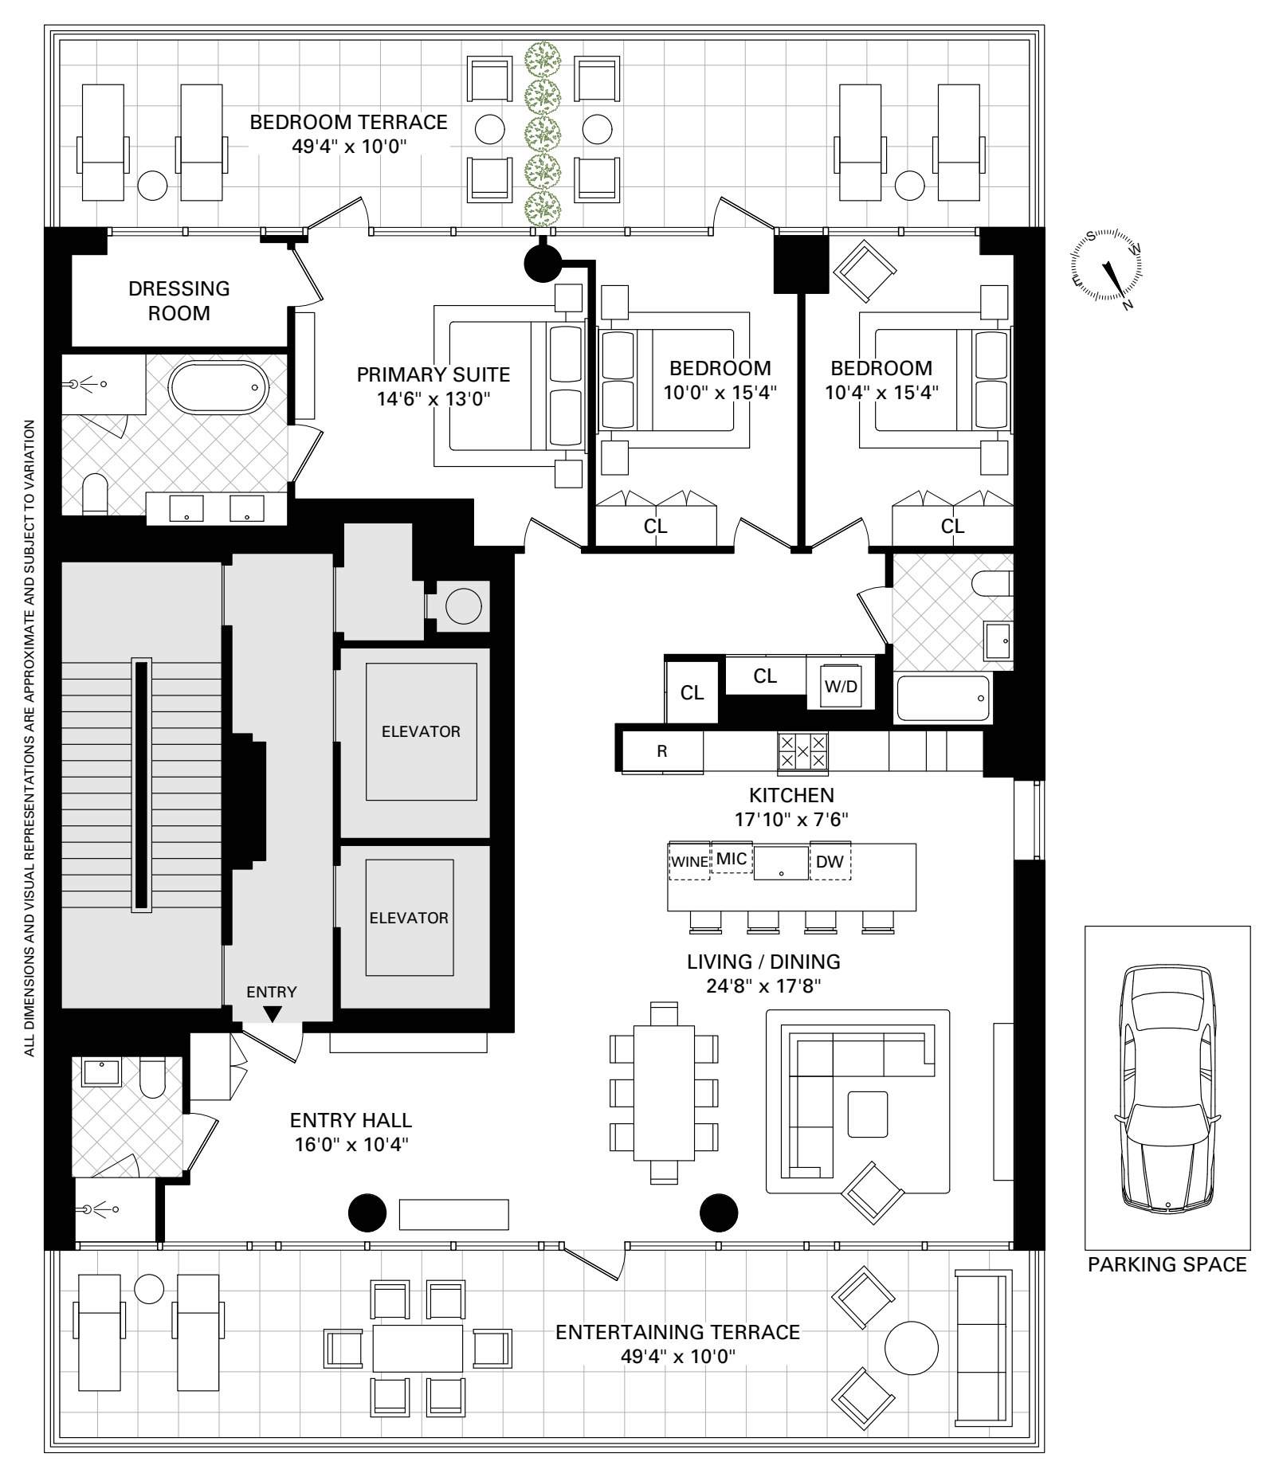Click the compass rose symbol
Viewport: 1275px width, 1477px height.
[x=1108, y=268]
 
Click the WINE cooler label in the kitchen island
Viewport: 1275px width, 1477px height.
[x=689, y=861]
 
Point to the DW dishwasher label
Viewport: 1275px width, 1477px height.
[x=830, y=861]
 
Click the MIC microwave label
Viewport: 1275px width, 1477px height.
[x=732, y=859]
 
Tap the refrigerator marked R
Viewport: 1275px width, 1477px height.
[x=661, y=751]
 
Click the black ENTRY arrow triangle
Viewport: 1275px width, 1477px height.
[x=273, y=1014]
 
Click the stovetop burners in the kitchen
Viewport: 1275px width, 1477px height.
[x=802, y=751]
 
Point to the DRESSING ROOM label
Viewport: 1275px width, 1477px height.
[x=179, y=300]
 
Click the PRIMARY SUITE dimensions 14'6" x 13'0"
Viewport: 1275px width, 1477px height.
[x=433, y=398]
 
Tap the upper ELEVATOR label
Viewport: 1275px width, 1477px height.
[x=421, y=731]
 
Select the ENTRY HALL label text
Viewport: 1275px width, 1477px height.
[x=351, y=1120]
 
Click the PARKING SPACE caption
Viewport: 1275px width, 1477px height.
[x=1167, y=1264]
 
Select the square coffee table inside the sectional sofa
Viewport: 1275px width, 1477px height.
[x=867, y=1114]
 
